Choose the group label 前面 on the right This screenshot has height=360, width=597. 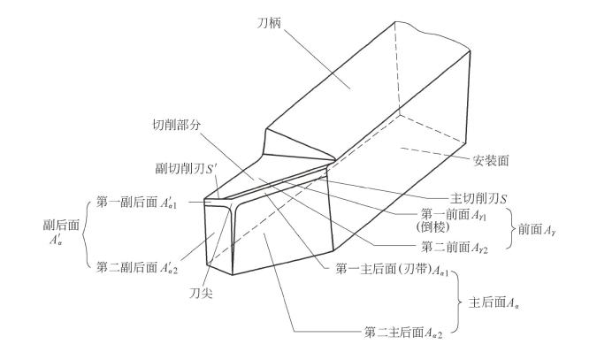(553, 231)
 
